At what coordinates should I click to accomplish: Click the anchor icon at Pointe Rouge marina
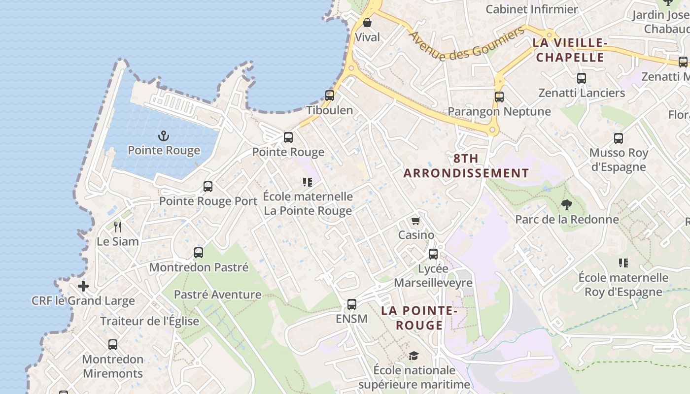pyautogui.click(x=163, y=136)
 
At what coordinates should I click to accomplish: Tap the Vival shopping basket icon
pyautogui.click(x=367, y=23)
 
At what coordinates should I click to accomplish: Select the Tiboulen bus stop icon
pyautogui.click(x=330, y=96)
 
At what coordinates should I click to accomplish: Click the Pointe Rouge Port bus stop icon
pyautogui.click(x=208, y=187)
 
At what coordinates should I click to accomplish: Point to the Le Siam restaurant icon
pyautogui.click(x=117, y=227)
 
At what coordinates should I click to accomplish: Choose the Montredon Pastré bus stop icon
pyautogui.click(x=199, y=253)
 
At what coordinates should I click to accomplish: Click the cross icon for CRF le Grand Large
pyautogui.click(x=83, y=286)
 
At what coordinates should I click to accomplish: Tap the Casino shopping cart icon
pyautogui.click(x=416, y=221)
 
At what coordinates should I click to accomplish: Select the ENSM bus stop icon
pyautogui.click(x=352, y=304)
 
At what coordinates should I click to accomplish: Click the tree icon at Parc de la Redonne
pyautogui.click(x=567, y=204)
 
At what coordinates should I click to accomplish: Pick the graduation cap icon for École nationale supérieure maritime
pyautogui.click(x=414, y=356)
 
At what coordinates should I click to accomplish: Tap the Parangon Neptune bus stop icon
pyautogui.click(x=499, y=97)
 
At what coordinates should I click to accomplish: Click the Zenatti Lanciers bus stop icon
pyautogui.click(x=582, y=78)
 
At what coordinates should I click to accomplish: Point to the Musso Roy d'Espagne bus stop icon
pyautogui.click(x=619, y=138)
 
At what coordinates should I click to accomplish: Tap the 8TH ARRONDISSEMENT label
pyautogui.click(x=466, y=166)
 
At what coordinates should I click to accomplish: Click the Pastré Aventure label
pyautogui.click(x=217, y=295)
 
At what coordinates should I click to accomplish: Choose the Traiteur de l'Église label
pyautogui.click(x=150, y=321)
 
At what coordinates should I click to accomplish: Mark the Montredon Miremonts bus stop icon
pyautogui.click(x=113, y=345)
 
